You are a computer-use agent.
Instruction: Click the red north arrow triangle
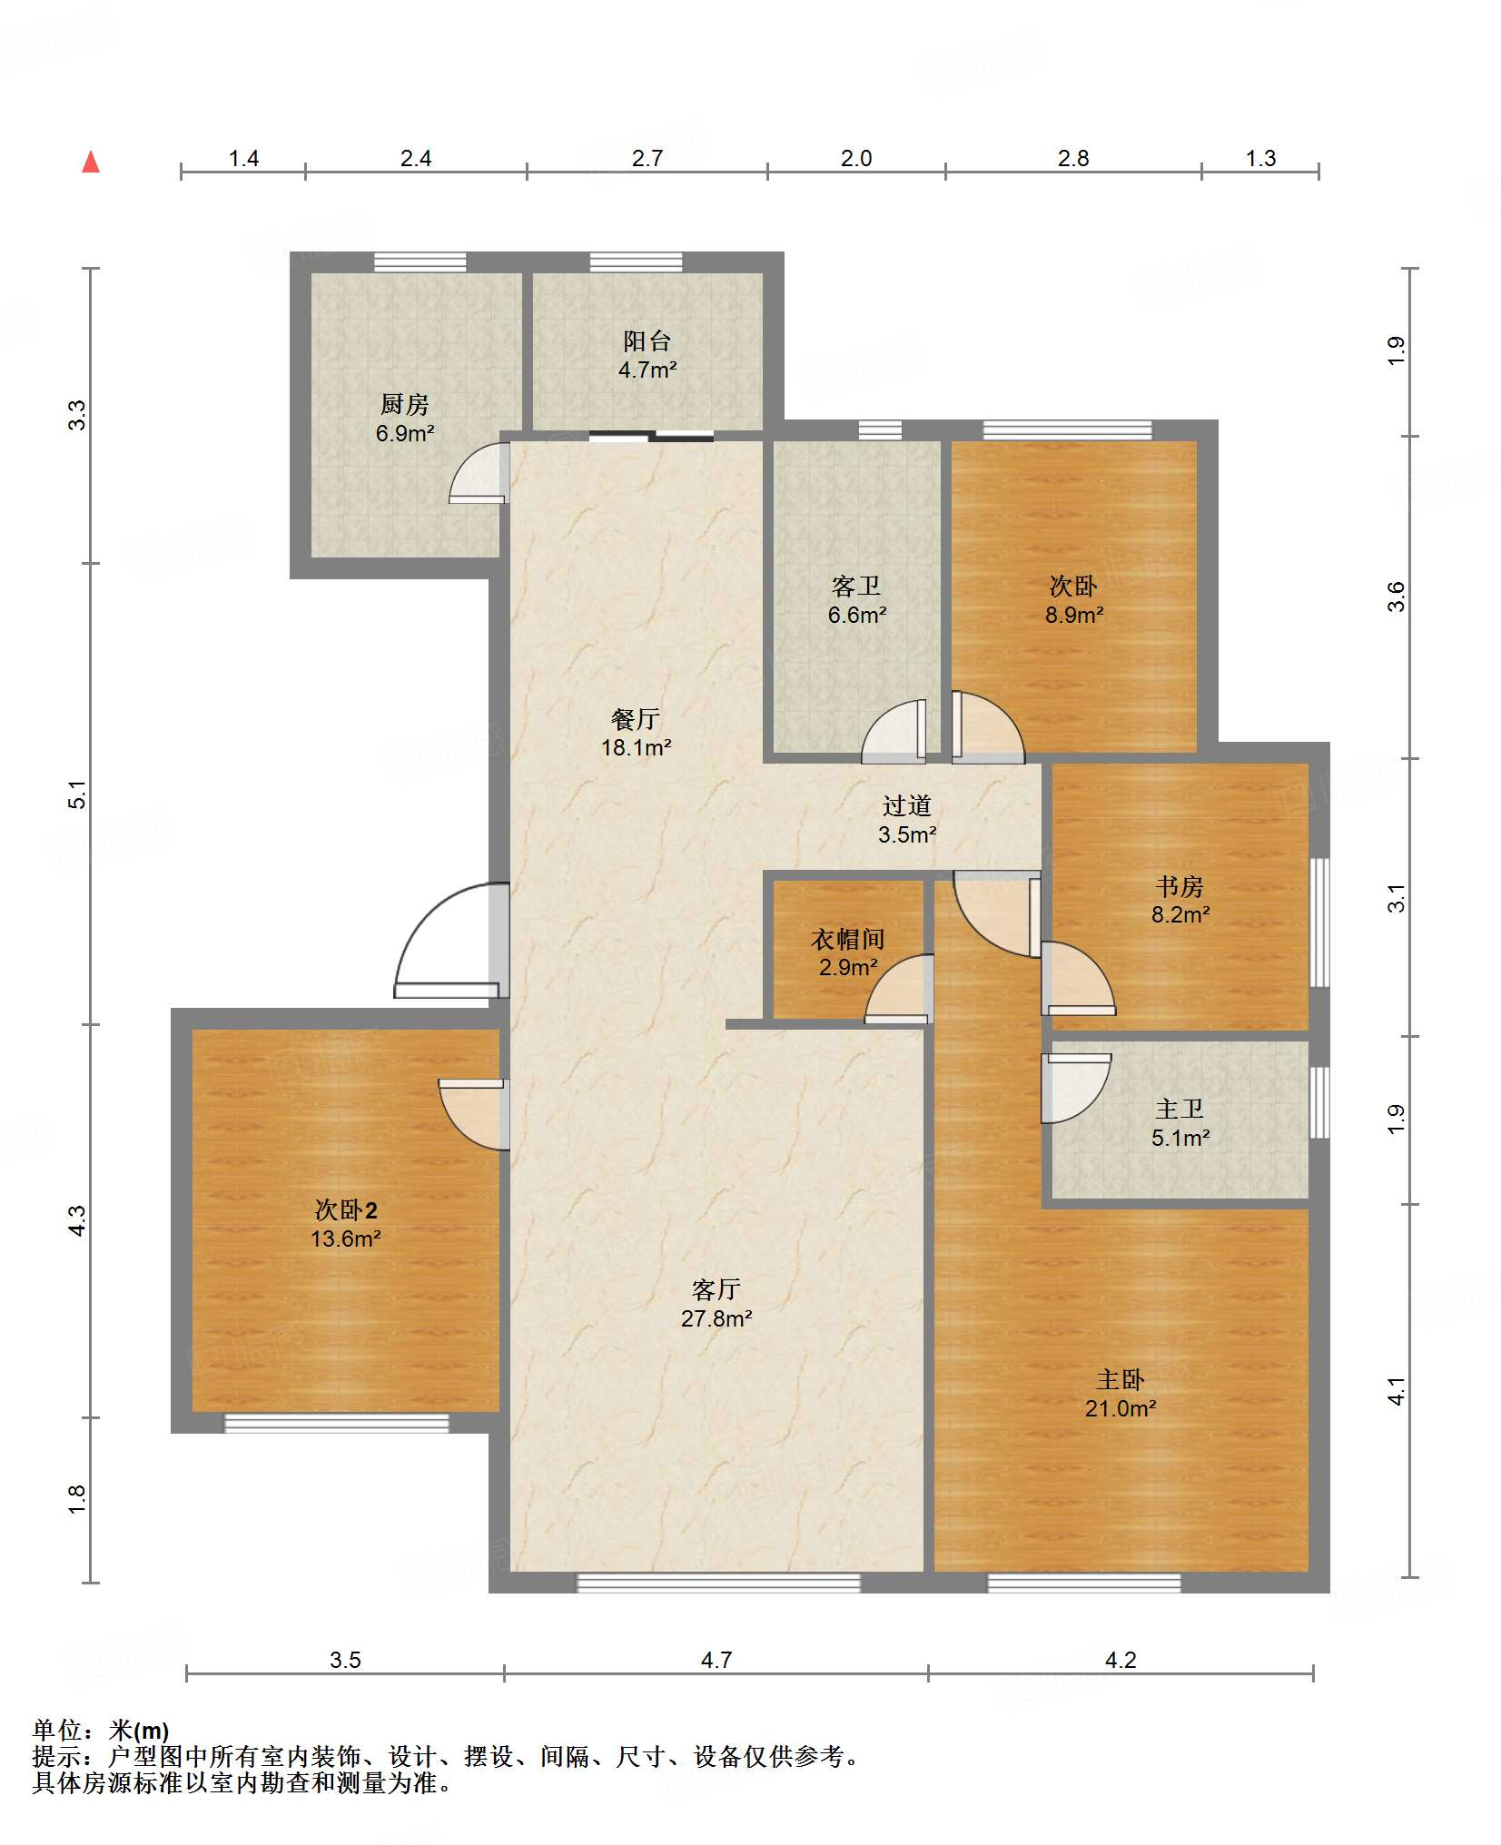click(x=91, y=162)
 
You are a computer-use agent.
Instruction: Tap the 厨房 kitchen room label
click(x=405, y=403)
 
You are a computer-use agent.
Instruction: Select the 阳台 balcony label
click(x=647, y=340)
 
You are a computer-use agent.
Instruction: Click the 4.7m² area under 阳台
click(x=647, y=370)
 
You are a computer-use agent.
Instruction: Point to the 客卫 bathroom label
click(x=856, y=586)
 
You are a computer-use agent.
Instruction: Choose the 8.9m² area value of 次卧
click(x=1074, y=615)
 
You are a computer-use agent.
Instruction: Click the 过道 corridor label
click(x=907, y=805)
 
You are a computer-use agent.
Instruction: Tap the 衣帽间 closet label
click(x=847, y=938)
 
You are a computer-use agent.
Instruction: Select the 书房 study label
click(x=1180, y=885)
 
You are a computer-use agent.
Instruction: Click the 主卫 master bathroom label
click(x=1180, y=1109)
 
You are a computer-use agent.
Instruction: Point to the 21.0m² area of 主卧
click(x=1121, y=1408)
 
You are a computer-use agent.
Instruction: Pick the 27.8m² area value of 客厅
click(x=716, y=1318)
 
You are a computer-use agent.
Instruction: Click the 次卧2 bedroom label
click(x=345, y=1209)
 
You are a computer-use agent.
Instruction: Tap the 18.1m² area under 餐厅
click(x=636, y=747)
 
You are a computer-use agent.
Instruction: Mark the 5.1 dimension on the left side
click(x=78, y=794)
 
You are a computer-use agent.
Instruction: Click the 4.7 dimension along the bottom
click(x=716, y=1660)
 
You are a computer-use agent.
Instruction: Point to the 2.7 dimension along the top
click(x=647, y=158)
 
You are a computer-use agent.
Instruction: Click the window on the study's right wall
click(x=1319, y=922)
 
